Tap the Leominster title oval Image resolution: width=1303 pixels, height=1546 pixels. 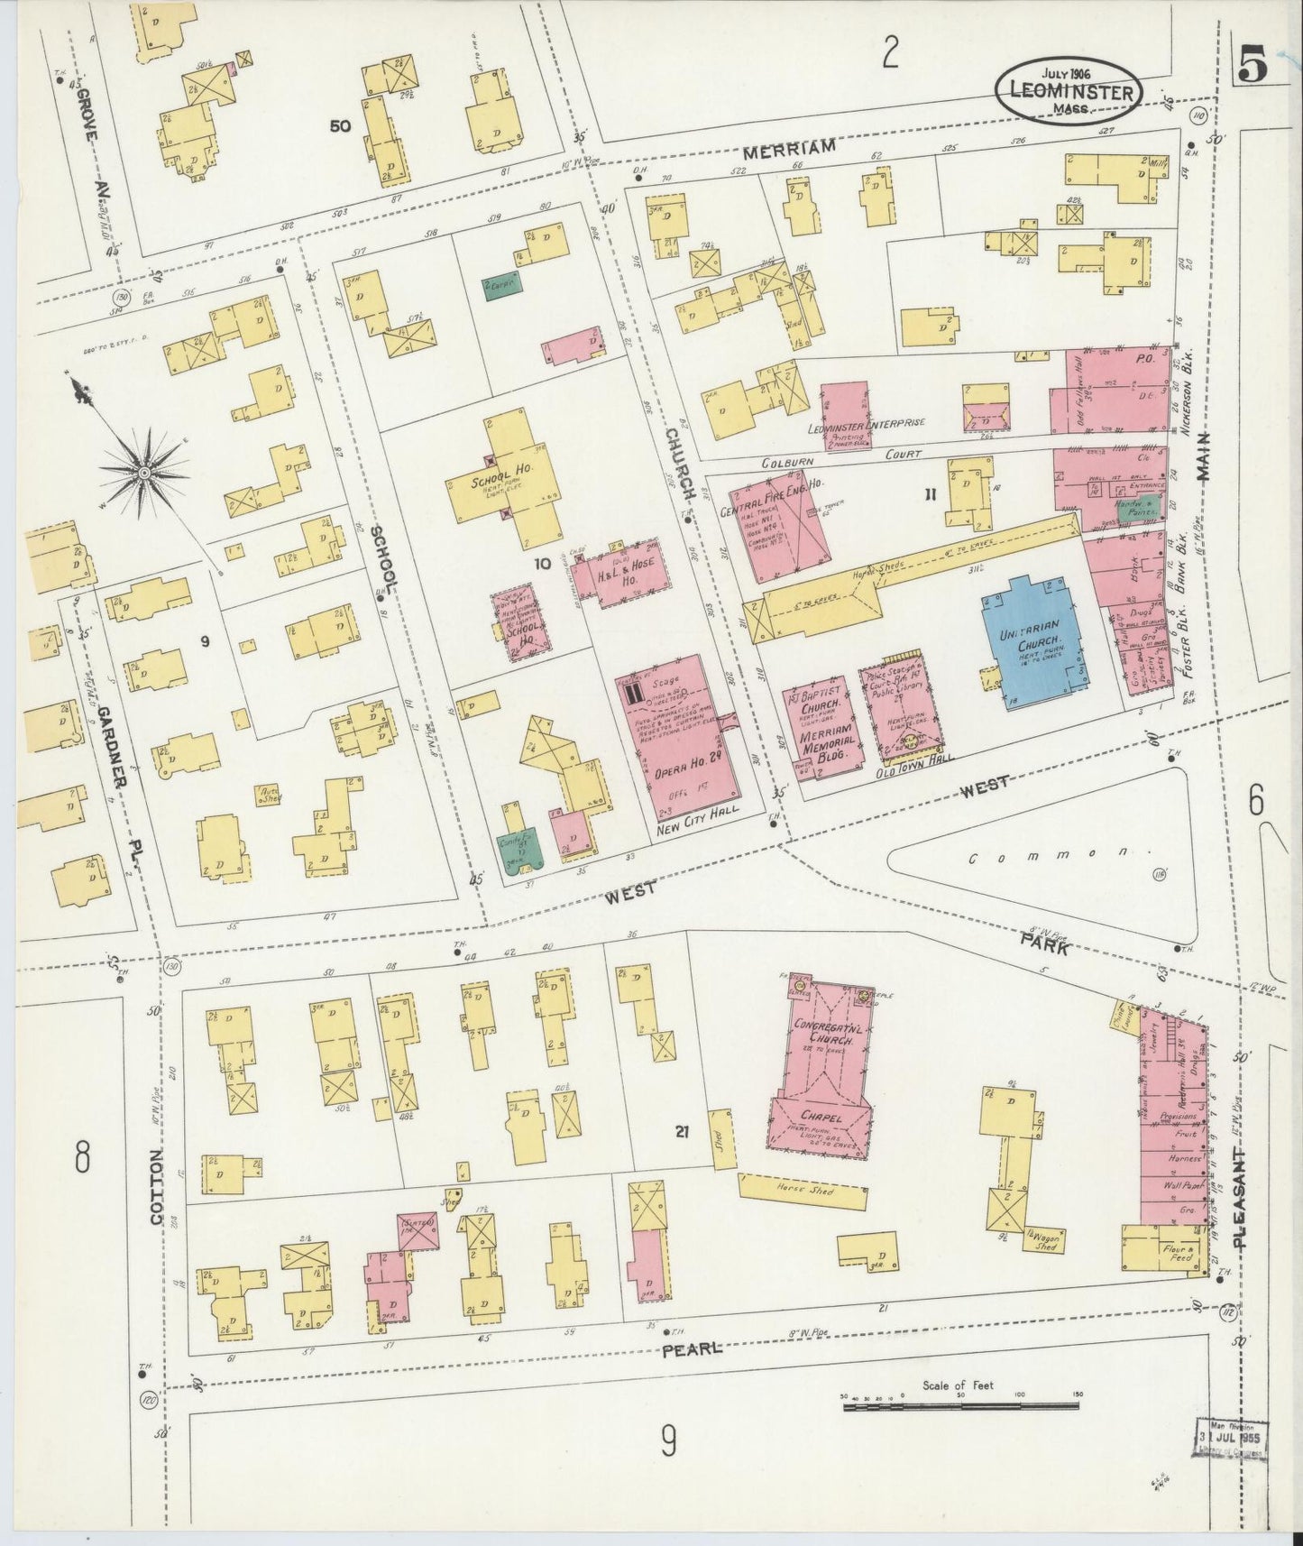pos(1069,90)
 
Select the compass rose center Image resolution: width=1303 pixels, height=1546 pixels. pos(144,471)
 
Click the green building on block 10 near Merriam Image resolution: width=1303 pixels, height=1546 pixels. pos(503,287)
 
